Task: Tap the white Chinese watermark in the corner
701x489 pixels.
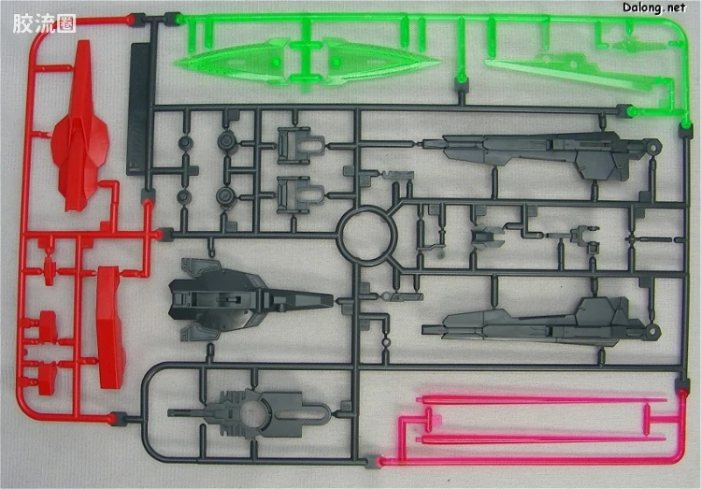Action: (x=44, y=23)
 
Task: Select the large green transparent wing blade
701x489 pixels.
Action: (x=308, y=62)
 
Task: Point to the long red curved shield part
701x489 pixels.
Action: (x=110, y=327)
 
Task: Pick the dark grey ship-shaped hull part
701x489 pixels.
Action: (x=250, y=299)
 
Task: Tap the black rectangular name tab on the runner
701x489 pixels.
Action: (x=138, y=108)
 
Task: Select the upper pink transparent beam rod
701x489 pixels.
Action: (x=542, y=399)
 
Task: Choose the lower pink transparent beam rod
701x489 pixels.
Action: (x=542, y=439)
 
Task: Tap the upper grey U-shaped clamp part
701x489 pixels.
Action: (x=300, y=146)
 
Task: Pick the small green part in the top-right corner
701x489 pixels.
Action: (x=631, y=45)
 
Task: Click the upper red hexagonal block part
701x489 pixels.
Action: (x=48, y=325)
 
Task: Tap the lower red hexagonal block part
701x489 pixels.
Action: (x=47, y=379)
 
